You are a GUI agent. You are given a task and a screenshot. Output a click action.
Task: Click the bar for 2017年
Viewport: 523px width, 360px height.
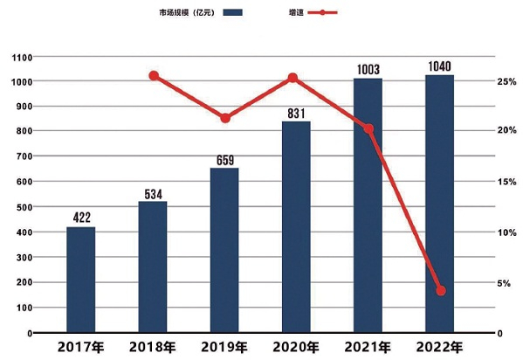click(80, 280)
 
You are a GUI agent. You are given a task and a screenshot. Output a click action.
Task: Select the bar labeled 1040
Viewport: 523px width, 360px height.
click(439, 204)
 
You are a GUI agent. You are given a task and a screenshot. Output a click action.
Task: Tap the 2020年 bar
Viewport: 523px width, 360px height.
click(296, 227)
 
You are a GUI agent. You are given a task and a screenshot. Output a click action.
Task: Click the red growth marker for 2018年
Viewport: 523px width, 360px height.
click(154, 76)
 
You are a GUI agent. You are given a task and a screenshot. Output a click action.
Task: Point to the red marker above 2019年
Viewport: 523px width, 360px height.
click(225, 118)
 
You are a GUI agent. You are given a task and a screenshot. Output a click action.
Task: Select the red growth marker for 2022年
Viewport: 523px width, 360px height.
click(441, 291)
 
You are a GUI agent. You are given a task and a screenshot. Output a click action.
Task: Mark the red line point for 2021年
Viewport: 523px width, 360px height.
click(368, 129)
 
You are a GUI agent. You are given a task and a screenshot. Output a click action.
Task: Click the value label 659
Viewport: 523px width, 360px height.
click(225, 160)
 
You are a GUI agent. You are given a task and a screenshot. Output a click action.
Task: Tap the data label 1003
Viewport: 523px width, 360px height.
click(368, 70)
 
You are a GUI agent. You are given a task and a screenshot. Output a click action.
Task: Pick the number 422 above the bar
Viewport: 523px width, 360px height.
click(82, 218)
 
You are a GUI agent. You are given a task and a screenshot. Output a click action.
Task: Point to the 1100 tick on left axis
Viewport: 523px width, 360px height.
click(22, 58)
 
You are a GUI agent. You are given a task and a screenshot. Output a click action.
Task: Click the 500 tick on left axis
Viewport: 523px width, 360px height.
click(24, 207)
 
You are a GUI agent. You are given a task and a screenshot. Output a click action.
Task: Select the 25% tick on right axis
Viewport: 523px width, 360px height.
click(506, 82)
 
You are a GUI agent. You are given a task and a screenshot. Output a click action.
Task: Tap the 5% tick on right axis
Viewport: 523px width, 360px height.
click(504, 283)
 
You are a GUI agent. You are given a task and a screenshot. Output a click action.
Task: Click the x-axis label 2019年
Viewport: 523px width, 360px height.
click(224, 347)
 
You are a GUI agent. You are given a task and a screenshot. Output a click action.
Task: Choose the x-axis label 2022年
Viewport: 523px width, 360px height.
click(439, 347)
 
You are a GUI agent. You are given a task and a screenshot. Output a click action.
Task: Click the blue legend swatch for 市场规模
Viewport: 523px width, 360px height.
click(232, 13)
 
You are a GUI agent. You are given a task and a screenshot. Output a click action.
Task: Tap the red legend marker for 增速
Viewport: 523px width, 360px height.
click(322, 13)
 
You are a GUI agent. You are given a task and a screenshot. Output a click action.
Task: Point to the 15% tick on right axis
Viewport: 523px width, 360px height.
click(506, 182)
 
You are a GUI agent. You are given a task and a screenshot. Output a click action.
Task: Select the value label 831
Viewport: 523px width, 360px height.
click(296, 114)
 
